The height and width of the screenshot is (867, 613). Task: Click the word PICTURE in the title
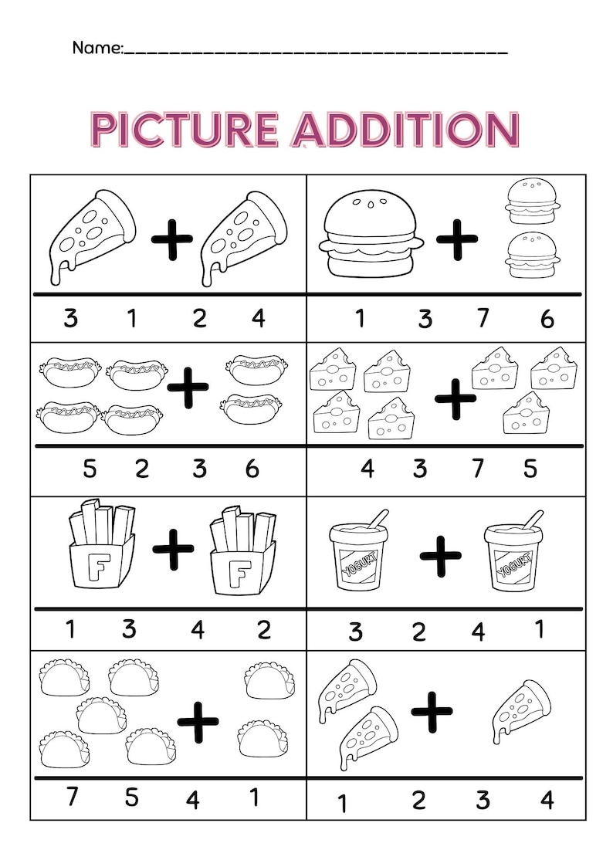pyautogui.click(x=185, y=129)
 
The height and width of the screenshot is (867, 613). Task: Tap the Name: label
pyautogui.click(x=97, y=48)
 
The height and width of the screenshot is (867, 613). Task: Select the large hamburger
pyautogui.click(x=371, y=235)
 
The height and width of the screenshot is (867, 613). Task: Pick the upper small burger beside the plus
pyautogui.click(x=530, y=202)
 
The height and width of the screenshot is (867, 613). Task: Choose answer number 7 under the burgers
pyautogui.click(x=483, y=317)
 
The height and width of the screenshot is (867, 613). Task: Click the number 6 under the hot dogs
pyautogui.click(x=252, y=468)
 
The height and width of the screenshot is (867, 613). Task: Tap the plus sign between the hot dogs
pyautogui.click(x=188, y=388)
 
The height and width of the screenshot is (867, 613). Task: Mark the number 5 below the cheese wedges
pyautogui.click(x=530, y=468)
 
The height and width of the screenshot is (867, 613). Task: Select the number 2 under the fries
pyautogui.click(x=264, y=629)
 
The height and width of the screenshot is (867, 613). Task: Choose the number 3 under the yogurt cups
pyautogui.click(x=355, y=632)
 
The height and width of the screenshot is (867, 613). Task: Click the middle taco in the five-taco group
pyautogui.click(x=101, y=715)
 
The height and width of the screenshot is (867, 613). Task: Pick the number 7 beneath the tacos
pyautogui.click(x=72, y=796)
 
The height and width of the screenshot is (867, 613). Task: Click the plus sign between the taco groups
pyautogui.click(x=198, y=722)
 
